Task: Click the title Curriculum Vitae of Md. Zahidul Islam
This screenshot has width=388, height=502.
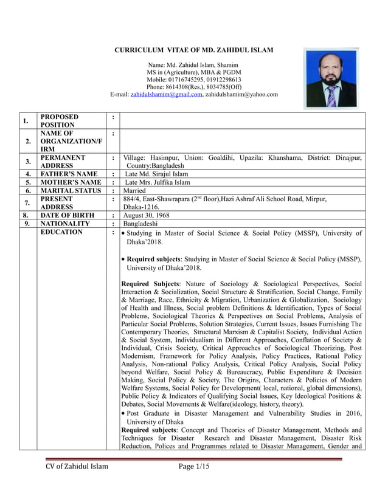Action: (194, 50)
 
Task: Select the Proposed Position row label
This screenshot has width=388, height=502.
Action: (60, 120)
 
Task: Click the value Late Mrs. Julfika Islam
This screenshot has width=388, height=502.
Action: (157, 182)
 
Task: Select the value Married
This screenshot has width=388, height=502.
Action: (135, 191)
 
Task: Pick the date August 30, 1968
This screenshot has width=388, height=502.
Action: (146, 215)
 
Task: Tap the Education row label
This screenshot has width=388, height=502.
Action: (61, 232)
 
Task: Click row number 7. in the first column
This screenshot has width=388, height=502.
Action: (26, 203)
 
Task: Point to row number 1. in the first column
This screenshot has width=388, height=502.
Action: (26, 121)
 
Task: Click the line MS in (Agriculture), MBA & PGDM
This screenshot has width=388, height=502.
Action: (194, 72)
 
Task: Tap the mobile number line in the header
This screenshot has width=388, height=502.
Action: (194, 80)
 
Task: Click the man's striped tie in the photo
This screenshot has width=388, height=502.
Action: (331, 96)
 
